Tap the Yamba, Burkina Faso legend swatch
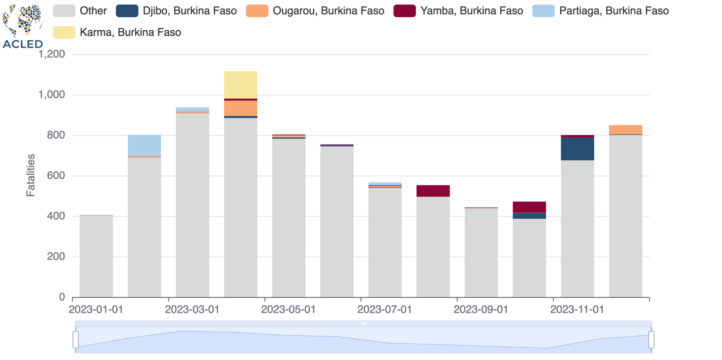404,11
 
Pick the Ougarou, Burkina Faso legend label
328,11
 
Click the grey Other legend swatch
64,11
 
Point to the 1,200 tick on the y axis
52,55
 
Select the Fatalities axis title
31,175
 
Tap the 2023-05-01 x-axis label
288,309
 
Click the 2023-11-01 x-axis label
577,309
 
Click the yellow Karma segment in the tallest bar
240,85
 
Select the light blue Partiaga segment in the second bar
145,145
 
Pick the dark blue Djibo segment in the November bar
577,149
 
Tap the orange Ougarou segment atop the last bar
625,130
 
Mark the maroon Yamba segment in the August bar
433,191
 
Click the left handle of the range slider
76,339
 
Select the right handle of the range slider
651,339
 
